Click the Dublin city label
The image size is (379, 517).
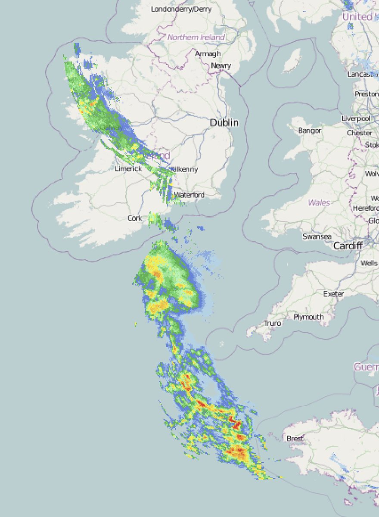[x=224, y=123]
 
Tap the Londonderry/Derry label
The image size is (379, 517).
[x=181, y=9]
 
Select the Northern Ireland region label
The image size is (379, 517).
[x=196, y=37]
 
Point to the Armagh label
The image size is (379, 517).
[x=208, y=54]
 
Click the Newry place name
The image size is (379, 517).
[x=221, y=66]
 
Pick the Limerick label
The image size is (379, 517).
[x=128, y=169]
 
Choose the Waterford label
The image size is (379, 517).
[x=189, y=195]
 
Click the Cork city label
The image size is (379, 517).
[x=135, y=218]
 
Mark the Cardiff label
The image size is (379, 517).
[x=348, y=246]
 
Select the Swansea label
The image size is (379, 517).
[x=317, y=237]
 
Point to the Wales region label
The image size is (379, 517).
[x=319, y=202]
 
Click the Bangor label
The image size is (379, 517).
[x=310, y=131]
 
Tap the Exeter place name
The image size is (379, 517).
[x=334, y=294]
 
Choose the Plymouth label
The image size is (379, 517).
[x=309, y=317]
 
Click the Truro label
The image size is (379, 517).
[x=272, y=323]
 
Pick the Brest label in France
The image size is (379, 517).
[x=295, y=439]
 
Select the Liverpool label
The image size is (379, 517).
[x=356, y=118]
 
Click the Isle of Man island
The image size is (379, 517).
[x=292, y=61]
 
